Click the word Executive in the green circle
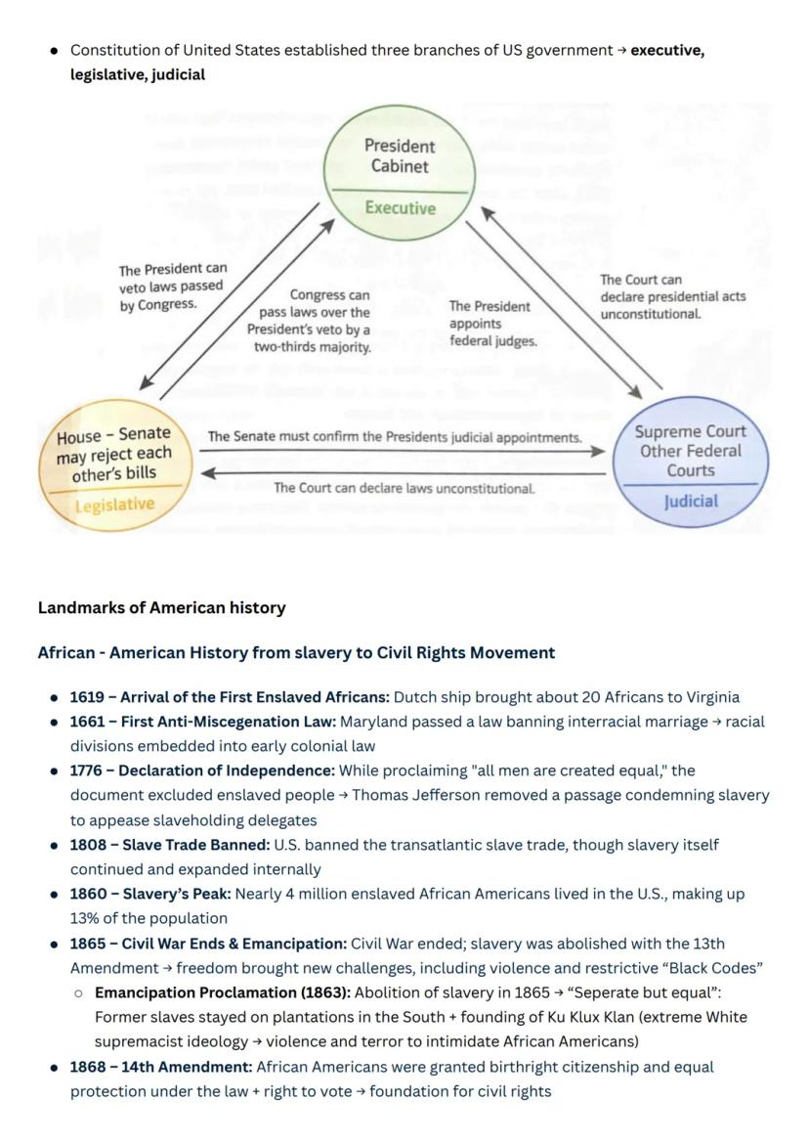coord(401,208)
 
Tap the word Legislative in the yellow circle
coord(114,505)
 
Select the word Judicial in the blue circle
coord(690,502)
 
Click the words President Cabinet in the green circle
coord(400,156)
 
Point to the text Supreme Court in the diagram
coord(690,431)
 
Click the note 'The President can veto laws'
coord(173,286)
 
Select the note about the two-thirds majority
coord(309,321)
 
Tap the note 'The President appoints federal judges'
coord(492,324)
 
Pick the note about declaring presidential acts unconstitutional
coord(673,297)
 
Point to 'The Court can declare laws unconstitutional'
coord(404,488)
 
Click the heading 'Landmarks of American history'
coord(162,608)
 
